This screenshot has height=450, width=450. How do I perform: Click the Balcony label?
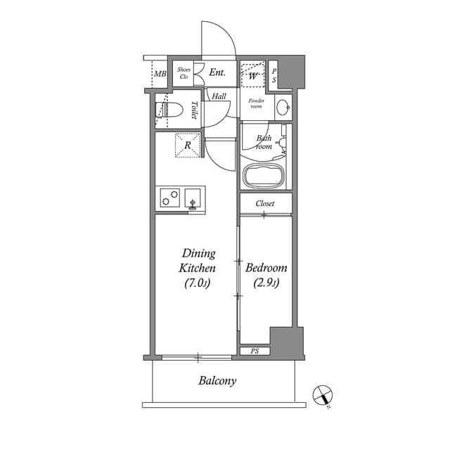click(x=217, y=381)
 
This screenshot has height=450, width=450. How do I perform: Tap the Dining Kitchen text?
click(x=198, y=261)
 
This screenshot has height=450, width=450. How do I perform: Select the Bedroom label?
click(x=266, y=268)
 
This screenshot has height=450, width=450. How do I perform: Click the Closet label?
click(x=265, y=203)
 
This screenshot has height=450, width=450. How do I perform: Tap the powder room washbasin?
click(x=282, y=108)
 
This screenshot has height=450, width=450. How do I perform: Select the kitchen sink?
click(x=192, y=198)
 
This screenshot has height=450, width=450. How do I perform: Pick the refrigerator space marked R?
click(x=187, y=145)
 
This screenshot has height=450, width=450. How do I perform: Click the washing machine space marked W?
click(x=252, y=73)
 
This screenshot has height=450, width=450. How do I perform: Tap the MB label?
click(x=160, y=74)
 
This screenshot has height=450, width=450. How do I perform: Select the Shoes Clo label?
click(x=184, y=73)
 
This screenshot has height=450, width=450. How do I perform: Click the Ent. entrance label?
click(x=217, y=72)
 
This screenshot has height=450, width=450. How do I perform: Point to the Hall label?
click(x=219, y=96)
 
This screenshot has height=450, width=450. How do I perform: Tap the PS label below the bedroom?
click(x=254, y=350)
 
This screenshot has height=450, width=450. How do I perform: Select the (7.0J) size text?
click(x=198, y=283)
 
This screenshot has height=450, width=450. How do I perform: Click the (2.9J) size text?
click(x=266, y=283)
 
